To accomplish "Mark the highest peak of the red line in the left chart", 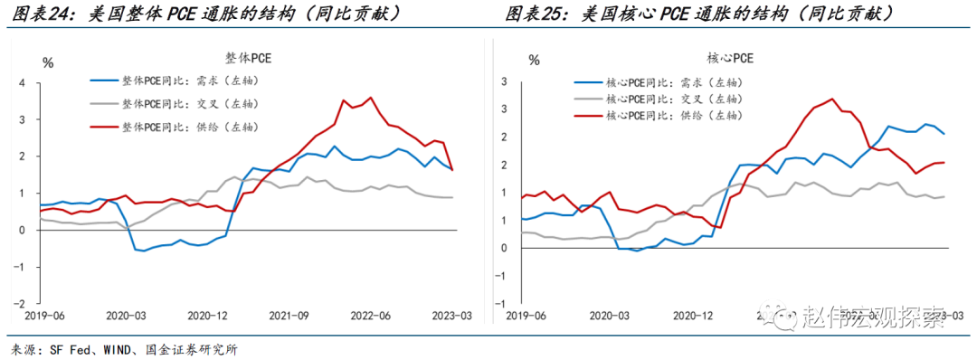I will coord(370,98).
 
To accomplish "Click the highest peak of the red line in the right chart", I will coord(831,99).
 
